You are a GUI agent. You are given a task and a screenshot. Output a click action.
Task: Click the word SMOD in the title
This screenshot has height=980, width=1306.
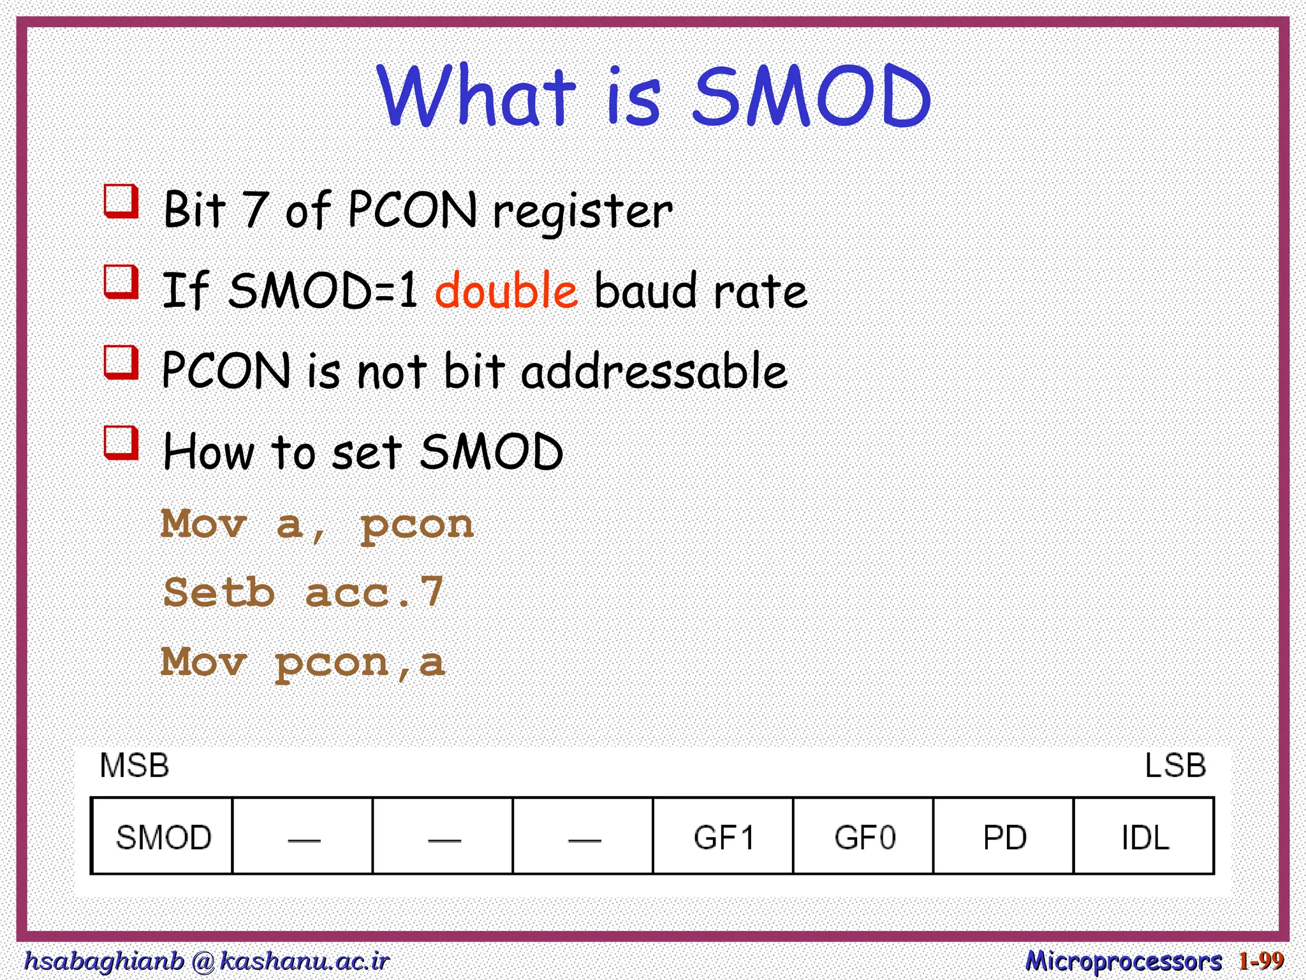[x=811, y=97]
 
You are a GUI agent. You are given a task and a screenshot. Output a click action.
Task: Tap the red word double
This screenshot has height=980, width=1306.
[x=506, y=291]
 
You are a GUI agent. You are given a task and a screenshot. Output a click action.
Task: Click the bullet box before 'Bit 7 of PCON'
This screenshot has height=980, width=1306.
[x=121, y=201]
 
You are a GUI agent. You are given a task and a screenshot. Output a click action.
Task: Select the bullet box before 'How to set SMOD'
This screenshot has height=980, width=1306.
[x=121, y=442]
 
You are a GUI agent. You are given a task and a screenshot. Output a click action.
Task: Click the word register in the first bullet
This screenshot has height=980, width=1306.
[x=582, y=212]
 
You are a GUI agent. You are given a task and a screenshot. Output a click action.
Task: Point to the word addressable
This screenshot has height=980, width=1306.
[x=654, y=371]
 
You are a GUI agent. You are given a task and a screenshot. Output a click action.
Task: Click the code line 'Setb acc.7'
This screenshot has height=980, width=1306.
[x=303, y=592]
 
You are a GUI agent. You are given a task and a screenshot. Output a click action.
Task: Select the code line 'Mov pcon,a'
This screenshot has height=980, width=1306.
[x=303, y=662]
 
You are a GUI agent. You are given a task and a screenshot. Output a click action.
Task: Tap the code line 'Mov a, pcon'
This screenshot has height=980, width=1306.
[x=317, y=524]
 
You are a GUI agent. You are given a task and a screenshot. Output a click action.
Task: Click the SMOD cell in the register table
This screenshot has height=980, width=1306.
[x=163, y=836]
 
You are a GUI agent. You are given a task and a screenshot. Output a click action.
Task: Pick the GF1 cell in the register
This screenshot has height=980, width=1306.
[x=723, y=836]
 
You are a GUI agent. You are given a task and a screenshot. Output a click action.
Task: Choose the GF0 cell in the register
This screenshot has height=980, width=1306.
[x=864, y=836]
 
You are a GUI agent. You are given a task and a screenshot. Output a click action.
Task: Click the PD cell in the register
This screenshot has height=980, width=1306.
[x=1004, y=836]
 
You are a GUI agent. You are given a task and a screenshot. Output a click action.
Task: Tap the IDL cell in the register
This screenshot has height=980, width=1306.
[x=1145, y=836]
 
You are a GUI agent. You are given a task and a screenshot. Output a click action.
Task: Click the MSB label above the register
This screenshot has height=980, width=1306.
[x=135, y=765]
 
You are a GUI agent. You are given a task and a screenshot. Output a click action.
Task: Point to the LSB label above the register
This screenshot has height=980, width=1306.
[x=1175, y=765]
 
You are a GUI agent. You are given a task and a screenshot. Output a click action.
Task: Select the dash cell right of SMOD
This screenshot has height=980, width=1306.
[x=304, y=836]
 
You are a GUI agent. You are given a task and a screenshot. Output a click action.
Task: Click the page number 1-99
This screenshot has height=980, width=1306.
[x=1261, y=960]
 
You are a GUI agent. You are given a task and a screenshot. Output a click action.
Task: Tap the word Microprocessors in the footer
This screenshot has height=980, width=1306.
[x=1123, y=960]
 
